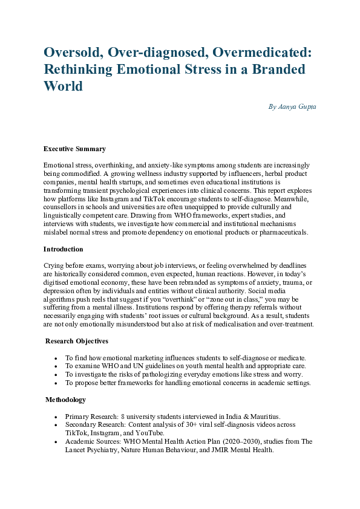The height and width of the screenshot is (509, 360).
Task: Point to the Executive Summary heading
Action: point(74,149)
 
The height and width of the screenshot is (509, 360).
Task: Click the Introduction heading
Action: point(64,249)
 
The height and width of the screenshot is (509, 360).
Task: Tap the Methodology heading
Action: point(65,400)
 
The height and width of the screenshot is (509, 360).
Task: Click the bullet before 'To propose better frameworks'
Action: point(56,383)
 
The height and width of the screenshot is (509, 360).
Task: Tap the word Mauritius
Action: point(263,417)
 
